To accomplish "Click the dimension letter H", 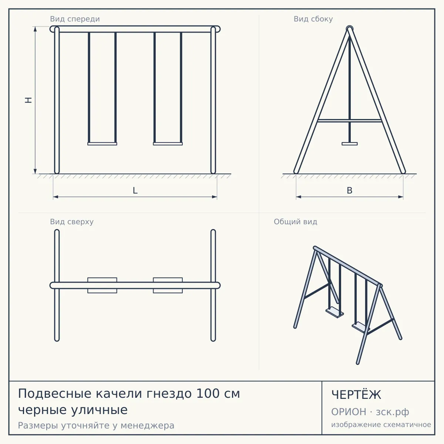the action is click(28, 100).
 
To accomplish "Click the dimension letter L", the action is click(135, 191).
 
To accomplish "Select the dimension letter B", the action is click(350, 191).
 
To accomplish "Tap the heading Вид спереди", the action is click(75, 19).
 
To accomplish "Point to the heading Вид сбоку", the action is click(313, 19).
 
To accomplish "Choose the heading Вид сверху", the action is click(72, 222).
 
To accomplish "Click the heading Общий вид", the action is click(295, 222).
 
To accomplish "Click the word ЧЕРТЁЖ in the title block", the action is click(356, 395).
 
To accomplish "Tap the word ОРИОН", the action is click(349, 412).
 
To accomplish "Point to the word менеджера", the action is click(148, 425).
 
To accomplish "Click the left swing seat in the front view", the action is click(102, 144).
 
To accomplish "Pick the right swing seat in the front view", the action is click(168, 144).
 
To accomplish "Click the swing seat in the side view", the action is click(350, 144).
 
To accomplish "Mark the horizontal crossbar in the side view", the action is click(350, 121).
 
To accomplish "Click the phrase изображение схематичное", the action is click(381, 425).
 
